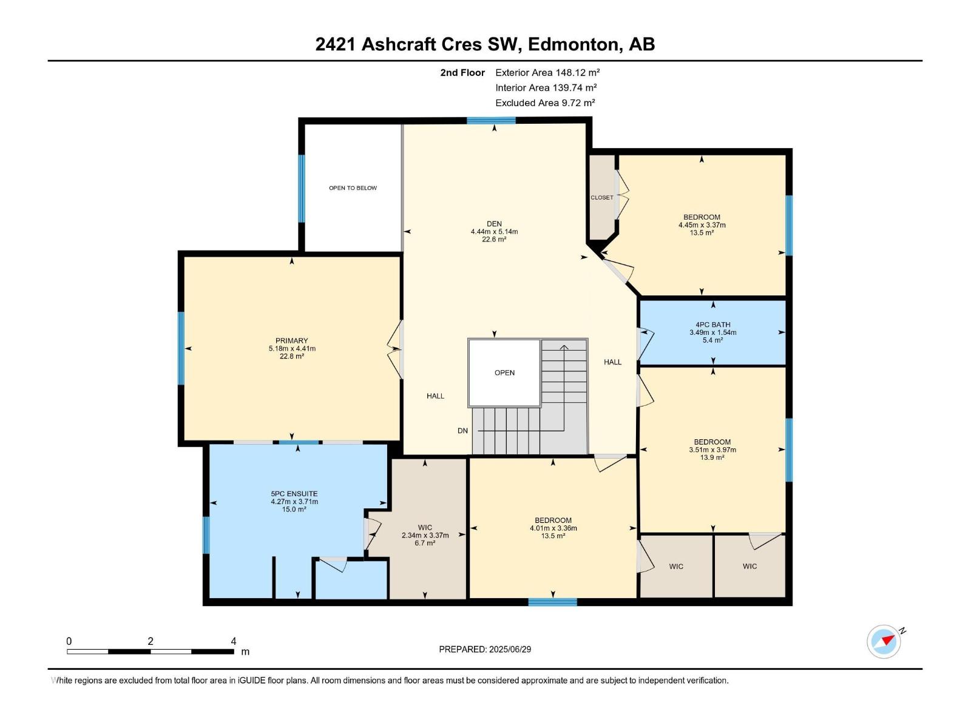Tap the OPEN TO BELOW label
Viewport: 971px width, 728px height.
(x=353, y=188)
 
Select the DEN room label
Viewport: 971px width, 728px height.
(x=494, y=224)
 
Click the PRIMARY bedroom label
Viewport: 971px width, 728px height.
(x=291, y=341)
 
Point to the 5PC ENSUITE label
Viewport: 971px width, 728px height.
(x=294, y=494)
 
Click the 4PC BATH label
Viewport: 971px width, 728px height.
(x=712, y=325)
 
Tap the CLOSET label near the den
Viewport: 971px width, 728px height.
(x=602, y=198)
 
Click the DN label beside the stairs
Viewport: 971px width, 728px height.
(x=462, y=431)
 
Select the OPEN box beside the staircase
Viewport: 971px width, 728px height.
(x=504, y=372)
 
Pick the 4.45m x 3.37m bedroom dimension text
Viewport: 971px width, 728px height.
(x=702, y=225)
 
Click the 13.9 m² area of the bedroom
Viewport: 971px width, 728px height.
(x=712, y=457)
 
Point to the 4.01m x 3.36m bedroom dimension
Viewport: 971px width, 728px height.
(x=553, y=528)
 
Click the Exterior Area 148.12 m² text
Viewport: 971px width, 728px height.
(x=547, y=73)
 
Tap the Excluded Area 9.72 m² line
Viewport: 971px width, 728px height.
(x=545, y=103)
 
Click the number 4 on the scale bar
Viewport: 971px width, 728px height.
(x=234, y=641)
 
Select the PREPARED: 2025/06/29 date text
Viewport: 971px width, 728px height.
(x=485, y=649)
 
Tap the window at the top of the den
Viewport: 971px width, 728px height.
(x=491, y=121)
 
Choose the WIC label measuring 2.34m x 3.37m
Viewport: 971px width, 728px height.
(x=425, y=528)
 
